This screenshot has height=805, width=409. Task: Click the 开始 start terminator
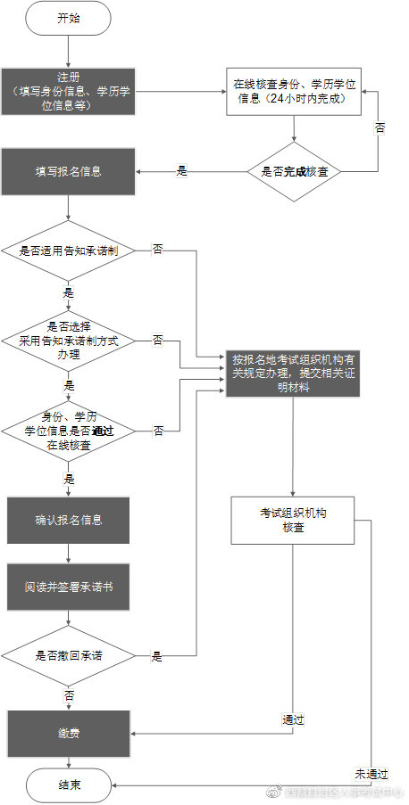(x=68, y=19)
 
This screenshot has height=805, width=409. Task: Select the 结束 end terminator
(x=69, y=784)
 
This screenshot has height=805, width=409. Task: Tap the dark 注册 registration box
(x=68, y=91)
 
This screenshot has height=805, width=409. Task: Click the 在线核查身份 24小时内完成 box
(x=296, y=91)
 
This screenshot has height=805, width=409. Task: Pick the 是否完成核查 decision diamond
(x=295, y=171)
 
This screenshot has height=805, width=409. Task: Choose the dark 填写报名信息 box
(x=68, y=171)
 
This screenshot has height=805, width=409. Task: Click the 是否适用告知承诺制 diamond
(x=68, y=251)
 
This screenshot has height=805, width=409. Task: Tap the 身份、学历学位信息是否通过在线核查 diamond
(x=68, y=431)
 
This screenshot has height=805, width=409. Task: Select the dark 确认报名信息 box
(x=68, y=521)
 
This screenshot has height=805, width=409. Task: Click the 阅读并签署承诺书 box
(x=68, y=589)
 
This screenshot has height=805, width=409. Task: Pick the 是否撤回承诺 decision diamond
(x=68, y=656)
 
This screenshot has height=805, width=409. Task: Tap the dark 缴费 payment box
(x=68, y=733)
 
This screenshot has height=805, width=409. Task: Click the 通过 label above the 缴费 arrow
(x=294, y=719)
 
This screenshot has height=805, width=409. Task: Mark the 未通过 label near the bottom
(x=368, y=772)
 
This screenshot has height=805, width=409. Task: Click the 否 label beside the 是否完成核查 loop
(x=380, y=128)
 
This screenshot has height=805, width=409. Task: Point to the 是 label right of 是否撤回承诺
(x=156, y=657)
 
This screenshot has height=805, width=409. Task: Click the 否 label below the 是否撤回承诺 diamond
(x=69, y=693)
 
